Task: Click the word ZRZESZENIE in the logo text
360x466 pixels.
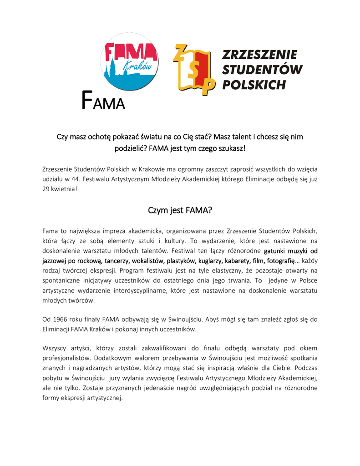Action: pos(259,55)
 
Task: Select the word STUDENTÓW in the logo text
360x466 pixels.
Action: pos(263,70)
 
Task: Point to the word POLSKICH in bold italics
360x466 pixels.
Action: pos(254,85)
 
